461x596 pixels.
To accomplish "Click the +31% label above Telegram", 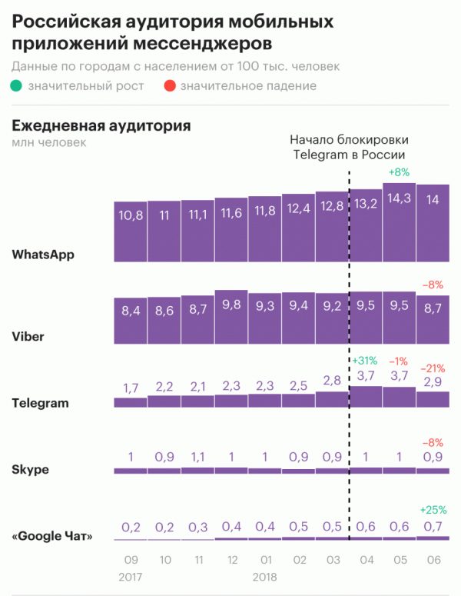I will pos(365,361).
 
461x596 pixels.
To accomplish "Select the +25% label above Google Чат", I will pos(433,509).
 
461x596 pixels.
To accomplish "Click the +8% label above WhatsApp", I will pos(400,172).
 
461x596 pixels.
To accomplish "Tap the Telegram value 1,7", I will pos(129,387).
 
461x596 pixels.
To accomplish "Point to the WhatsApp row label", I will pos(43,254).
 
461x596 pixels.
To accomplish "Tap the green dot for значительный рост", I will pos(17,85).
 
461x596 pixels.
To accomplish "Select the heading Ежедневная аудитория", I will pos(101,125).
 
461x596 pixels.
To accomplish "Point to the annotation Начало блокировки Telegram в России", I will pos(349,147).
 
